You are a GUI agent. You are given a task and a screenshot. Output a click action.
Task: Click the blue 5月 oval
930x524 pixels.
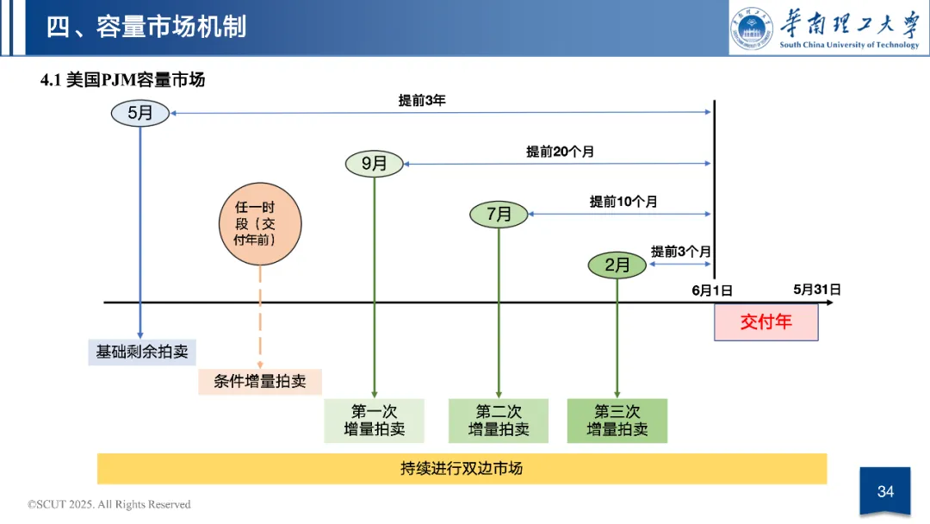pyautogui.click(x=139, y=113)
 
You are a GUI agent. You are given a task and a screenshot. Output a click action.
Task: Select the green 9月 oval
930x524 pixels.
pyautogui.click(x=374, y=163)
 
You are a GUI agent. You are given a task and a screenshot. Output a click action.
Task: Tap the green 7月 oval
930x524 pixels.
pyautogui.click(x=499, y=214)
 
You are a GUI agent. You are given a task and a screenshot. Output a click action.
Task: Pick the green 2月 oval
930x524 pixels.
pyautogui.click(x=617, y=265)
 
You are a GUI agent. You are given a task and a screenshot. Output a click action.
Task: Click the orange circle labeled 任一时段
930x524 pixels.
pyautogui.click(x=260, y=223)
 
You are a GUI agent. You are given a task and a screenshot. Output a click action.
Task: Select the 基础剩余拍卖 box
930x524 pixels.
pyautogui.click(x=142, y=352)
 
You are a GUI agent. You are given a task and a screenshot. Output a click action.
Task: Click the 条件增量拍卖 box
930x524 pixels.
pyautogui.click(x=260, y=381)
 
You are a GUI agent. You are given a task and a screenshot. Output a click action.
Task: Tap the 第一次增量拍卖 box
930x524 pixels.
pyautogui.click(x=374, y=421)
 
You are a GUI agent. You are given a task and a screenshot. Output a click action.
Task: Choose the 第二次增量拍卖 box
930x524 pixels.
pyautogui.click(x=499, y=421)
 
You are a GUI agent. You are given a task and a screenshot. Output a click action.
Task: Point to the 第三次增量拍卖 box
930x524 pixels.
pyautogui.click(x=617, y=421)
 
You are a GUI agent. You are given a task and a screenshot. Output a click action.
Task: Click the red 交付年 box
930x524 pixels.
pyautogui.click(x=766, y=323)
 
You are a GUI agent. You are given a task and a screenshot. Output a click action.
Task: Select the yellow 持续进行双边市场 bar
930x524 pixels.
pyautogui.click(x=462, y=469)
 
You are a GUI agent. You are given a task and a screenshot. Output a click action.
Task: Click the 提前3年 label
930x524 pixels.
pyautogui.click(x=422, y=101)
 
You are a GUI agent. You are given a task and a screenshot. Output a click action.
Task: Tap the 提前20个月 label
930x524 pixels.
pyautogui.click(x=560, y=152)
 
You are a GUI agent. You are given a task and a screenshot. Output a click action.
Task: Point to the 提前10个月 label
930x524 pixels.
pyautogui.click(x=623, y=202)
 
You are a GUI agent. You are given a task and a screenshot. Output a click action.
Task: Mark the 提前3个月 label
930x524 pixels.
pyautogui.click(x=680, y=252)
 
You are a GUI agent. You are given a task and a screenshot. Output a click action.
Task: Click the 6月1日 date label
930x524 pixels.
pyautogui.click(x=712, y=291)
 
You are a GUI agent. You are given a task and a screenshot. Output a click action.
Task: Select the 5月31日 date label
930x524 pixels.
pyautogui.click(x=816, y=290)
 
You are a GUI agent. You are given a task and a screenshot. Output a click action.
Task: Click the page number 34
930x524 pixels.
pyautogui.click(x=885, y=492)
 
